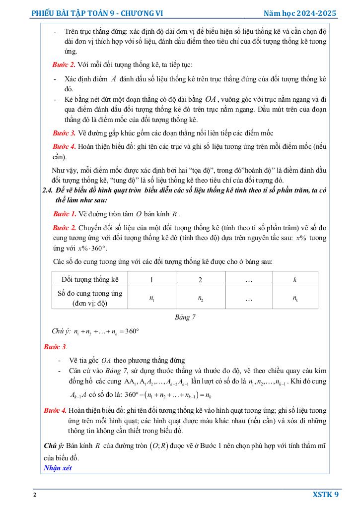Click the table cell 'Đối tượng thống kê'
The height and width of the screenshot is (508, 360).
[x=90, y=279]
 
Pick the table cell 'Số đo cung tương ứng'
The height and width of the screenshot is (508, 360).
[x=90, y=294]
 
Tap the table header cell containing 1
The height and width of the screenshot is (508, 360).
[x=151, y=279]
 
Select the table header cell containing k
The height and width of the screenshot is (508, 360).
[x=294, y=279]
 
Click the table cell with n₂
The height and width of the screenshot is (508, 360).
[x=200, y=298]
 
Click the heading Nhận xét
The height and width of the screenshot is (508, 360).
[x=57, y=468]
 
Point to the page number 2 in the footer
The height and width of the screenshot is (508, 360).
[x=34, y=495]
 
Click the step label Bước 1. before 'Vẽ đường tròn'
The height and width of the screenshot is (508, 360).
[x=64, y=214]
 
